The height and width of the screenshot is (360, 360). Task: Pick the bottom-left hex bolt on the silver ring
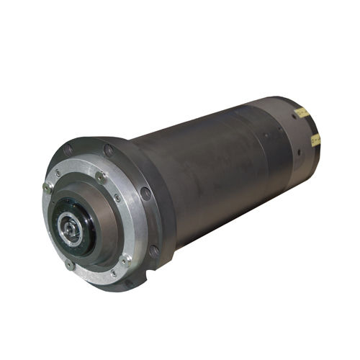(70, 264)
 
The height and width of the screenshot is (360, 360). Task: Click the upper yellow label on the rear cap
(303, 113)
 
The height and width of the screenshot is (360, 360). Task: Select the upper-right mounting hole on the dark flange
(109, 150)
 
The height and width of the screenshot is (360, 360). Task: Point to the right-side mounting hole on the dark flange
(146, 193)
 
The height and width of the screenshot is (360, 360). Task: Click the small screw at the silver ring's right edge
(118, 197)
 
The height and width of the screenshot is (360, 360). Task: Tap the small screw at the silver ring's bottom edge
(113, 274)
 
